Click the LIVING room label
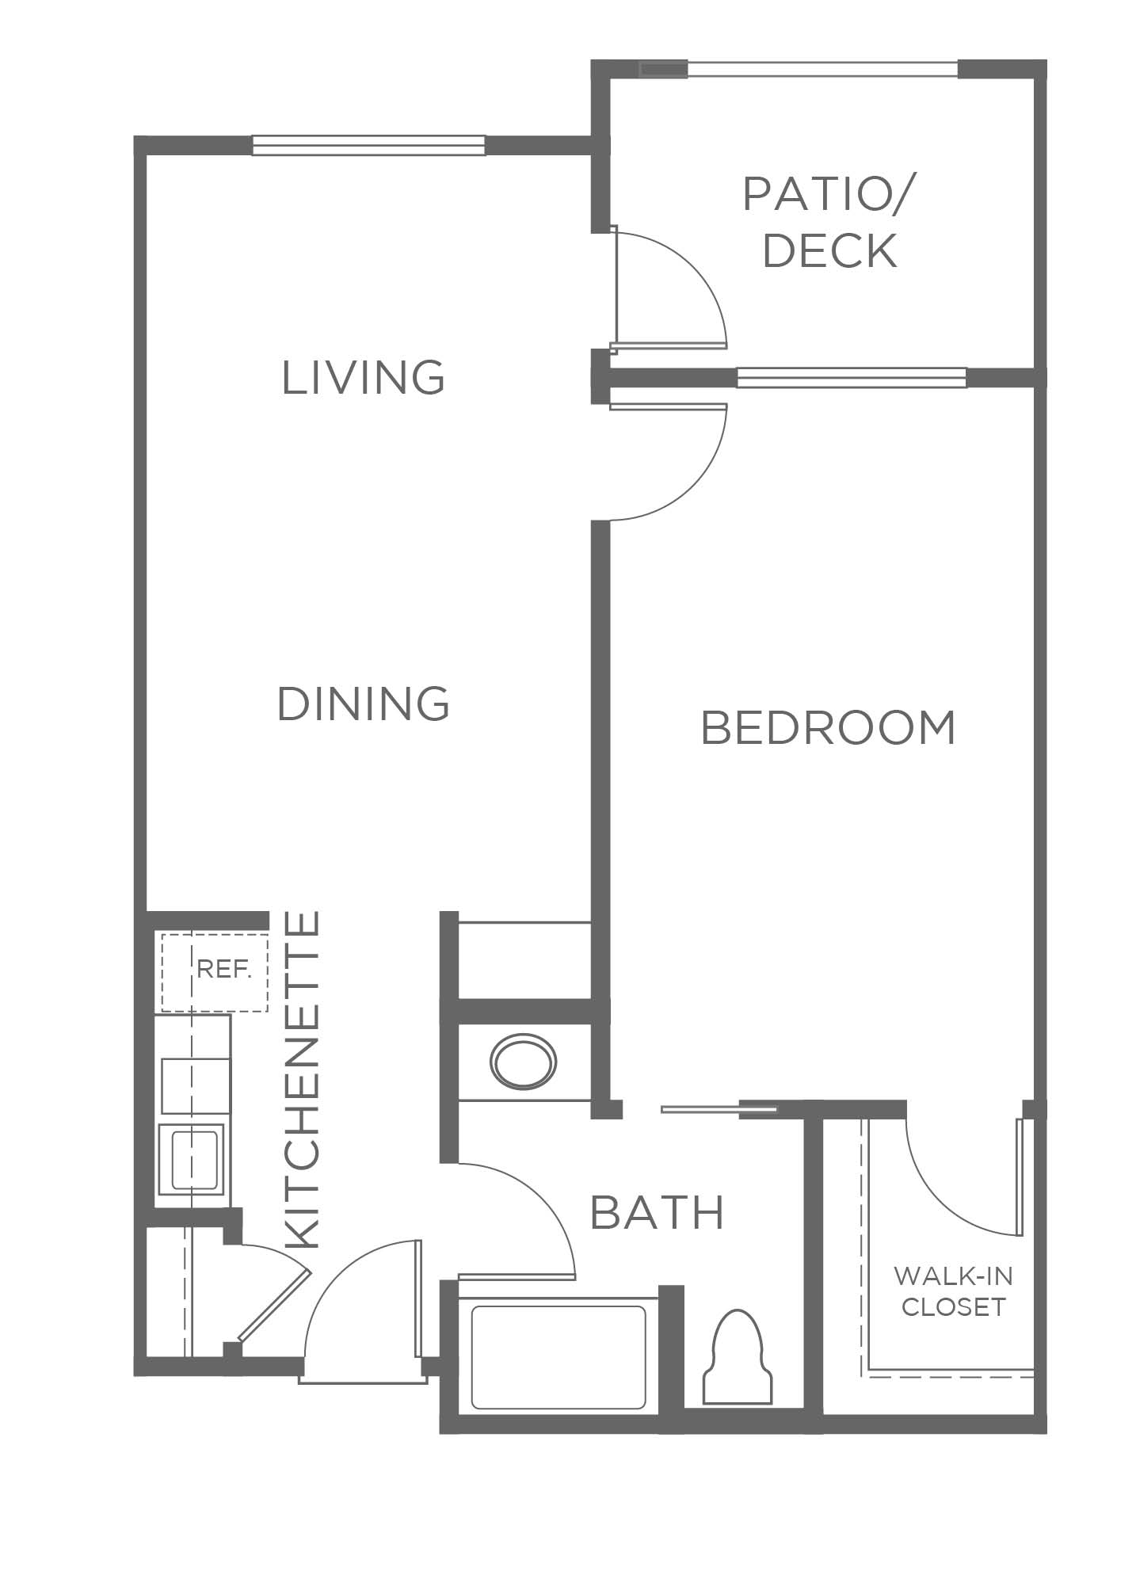364,377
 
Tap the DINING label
364,704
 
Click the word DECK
829,250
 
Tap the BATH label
658,1212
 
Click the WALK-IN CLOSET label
953,1291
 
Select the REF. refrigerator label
224,969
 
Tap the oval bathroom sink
523,1062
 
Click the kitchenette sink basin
194,1159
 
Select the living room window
368,145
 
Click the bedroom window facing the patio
852,378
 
